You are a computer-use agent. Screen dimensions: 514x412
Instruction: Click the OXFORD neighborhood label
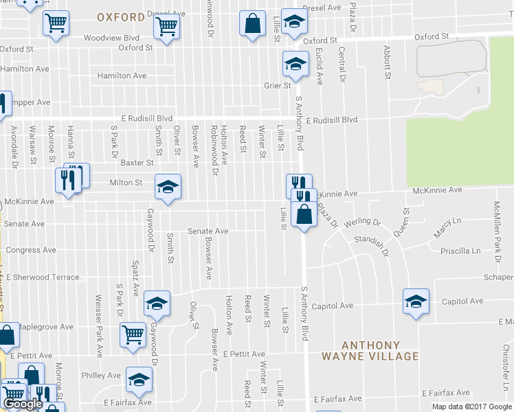click(x=120, y=16)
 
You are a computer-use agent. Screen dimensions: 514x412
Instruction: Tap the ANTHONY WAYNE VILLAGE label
click(x=370, y=350)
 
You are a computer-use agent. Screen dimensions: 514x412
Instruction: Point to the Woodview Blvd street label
click(x=112, y=38)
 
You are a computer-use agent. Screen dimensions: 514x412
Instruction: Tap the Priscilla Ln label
click(x=460, y=251)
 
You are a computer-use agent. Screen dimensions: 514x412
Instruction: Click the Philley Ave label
click(x=101, y=376)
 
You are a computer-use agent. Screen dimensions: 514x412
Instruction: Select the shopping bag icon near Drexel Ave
click(x=253, y=24)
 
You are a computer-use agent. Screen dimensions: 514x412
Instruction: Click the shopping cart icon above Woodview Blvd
click(x=166, y=27)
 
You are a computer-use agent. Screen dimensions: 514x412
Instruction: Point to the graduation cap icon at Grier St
click(x=295, y=65)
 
